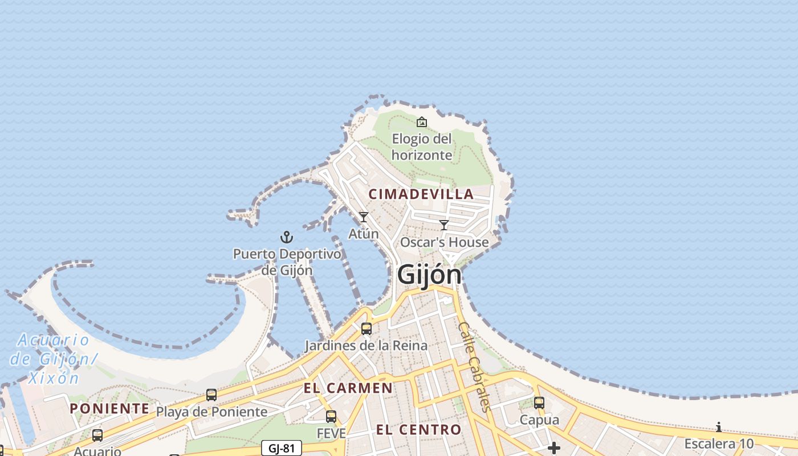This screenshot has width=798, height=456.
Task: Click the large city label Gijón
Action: (x=429, y=275)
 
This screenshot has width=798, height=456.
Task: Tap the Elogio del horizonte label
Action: (x=422, y=147)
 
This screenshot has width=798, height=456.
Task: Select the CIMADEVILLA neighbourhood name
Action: (x=421, y=194)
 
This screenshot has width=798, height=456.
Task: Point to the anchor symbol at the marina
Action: (x=287, y=237)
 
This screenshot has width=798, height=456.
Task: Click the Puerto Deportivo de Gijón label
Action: (x=287, y=262)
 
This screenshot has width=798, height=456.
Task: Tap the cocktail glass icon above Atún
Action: (x=363, y=217)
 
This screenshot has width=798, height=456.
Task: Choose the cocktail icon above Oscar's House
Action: (x=444, y=225)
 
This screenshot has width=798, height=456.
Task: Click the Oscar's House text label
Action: (x=445, y=242)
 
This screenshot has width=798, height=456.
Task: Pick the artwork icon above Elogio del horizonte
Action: (x=422, y=122)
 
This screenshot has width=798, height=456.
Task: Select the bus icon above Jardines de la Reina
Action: (x=367, y=329)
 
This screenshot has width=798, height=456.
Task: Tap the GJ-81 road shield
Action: (x=282, y=448)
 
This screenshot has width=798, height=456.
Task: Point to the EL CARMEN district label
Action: (x=348, y=389)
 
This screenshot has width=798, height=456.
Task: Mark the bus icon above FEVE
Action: (x=331, y=417)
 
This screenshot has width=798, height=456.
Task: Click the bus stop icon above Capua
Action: (x=539, y=403)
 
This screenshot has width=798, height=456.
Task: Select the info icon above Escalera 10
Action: (x=719, y=427)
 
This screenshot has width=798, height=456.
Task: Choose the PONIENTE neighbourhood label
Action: (x=109, y=409)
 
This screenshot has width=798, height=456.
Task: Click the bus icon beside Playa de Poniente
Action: (x=211, y=395)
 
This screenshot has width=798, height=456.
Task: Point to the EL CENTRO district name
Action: (x=418, y=430)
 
